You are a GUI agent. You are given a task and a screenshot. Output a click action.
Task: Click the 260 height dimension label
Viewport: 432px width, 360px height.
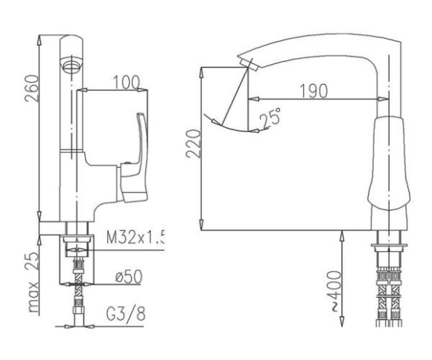point(32,88)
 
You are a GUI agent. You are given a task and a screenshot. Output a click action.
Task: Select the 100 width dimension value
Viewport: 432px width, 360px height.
point(127,82)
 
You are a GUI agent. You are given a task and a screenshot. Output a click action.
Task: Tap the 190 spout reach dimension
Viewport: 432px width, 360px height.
point(314,91)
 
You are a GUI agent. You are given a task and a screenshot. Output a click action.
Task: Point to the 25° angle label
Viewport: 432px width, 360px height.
point(270,119)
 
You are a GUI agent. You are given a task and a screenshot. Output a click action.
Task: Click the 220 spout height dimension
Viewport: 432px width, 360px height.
point(193,144)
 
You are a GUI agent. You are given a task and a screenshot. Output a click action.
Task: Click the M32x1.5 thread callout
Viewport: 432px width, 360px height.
point(136,237)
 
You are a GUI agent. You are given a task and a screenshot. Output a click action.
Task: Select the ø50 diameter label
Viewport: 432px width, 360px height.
point(129,277)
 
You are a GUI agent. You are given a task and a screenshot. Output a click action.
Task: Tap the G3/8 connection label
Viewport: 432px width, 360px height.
point(126,314)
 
